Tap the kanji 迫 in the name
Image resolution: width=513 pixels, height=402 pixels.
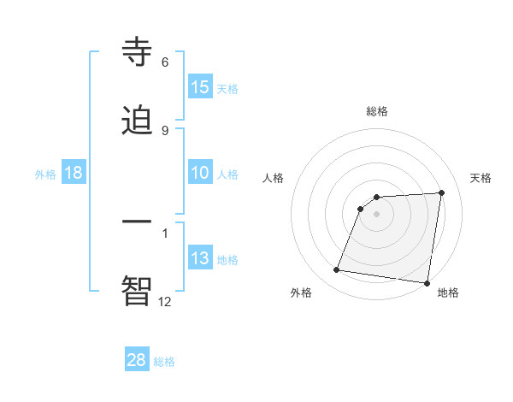(x=138, y=121)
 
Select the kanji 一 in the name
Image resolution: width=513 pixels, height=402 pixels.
(x=138, y=221)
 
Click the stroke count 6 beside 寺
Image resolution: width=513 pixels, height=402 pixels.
(x=165, y=62)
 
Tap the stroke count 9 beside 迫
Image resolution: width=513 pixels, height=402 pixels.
(x=165, y=131)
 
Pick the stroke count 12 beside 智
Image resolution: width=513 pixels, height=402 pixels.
(x=165, y=300)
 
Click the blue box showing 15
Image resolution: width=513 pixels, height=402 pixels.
(x=200, y=87)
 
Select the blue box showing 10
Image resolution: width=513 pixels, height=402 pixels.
(x=200, y=173)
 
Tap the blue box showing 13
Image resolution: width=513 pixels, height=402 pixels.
(x=200, y=258)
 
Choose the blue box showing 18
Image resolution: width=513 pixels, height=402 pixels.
(x=74, y=173)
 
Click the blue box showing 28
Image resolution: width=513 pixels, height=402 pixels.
(x=137, y=360)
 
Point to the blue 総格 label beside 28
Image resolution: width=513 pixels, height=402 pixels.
(x=165, y=362)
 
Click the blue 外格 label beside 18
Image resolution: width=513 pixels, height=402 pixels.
(x=45, y=174)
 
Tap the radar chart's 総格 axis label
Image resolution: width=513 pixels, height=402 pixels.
(x=377, y=111)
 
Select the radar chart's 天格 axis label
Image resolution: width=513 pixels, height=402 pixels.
(x=481, y=178)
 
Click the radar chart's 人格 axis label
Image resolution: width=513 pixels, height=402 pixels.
(x=273, y=178)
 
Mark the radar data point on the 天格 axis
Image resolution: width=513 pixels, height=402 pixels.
(x=442, y=192)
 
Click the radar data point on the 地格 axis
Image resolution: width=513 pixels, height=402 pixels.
(x=427, y=283)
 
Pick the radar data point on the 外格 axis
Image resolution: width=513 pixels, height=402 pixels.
(x=337, y=270)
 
